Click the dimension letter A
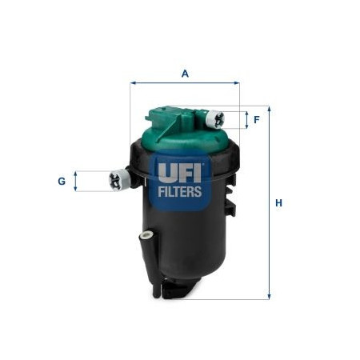click(185, 74)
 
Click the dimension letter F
click(257, 120)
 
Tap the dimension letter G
click(62, 182)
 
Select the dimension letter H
click(278, 203)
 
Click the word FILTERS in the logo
click(180, 192)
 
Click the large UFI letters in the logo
click(180, 174)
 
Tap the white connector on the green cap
click(215, 119)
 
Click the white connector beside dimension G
click(119, 180)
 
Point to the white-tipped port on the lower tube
click(147, 235)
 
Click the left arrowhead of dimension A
click(133, 83)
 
